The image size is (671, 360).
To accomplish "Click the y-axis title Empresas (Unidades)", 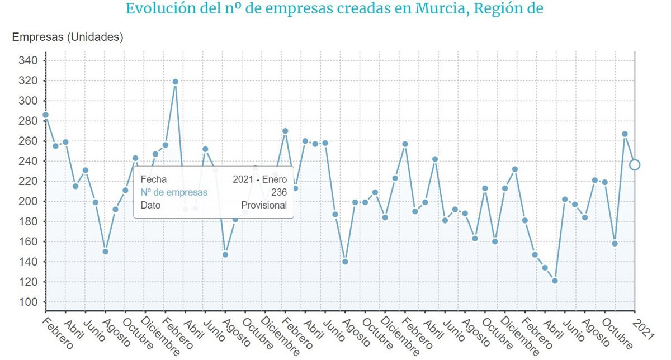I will click(68, 37).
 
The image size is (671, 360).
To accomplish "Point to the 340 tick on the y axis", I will click(27, 60).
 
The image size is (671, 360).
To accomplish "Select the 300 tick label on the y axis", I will click(27, 101).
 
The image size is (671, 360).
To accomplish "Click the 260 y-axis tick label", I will click(27, 141).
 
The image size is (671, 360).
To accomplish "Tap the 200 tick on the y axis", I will click(27, 201).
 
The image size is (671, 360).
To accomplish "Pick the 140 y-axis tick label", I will click(27, 262).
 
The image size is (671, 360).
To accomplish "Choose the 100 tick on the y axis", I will click(27, 302).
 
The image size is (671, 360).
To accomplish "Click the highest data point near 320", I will click(175, 82).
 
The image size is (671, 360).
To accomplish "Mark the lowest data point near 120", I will click(555, 281).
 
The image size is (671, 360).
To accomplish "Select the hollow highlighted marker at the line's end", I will click(635, 164).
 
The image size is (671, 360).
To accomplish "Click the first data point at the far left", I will click(46, 115).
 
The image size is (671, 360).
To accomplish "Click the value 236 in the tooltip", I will click(278, 192).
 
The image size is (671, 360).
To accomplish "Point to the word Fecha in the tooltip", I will click(153, 179).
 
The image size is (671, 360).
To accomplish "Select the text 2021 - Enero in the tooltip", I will click(259, 179).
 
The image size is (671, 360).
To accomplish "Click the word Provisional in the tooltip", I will click(264, 205).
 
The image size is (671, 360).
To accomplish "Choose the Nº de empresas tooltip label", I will click(174, 192).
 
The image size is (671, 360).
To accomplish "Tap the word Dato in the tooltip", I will click(150, 205).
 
